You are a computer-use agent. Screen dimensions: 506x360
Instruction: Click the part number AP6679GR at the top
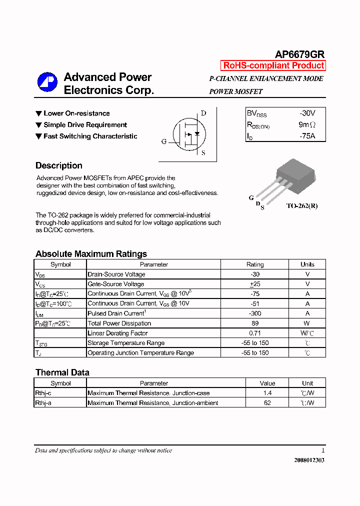click(300, 55)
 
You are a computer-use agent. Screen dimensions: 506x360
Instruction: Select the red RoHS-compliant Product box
click(273, 65)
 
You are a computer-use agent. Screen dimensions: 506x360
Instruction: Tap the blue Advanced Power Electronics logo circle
click(47, 82)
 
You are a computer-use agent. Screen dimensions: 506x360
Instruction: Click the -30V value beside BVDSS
click(307, 113)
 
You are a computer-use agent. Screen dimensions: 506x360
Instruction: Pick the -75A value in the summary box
click(307, 136)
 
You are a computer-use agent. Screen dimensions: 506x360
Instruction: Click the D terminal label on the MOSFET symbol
click(203, 113)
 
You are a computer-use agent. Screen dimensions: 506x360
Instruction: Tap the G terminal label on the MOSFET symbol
click(163, 141)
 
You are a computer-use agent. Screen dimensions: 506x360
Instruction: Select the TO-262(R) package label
click(301, 205)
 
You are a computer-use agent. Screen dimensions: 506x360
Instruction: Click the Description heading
click(59, 165)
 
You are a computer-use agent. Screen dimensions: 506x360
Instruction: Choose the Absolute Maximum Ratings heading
click(91, 254)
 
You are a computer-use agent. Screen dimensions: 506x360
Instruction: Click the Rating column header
click(255, 264)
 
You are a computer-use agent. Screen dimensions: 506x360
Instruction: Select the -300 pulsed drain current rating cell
click(255, 313)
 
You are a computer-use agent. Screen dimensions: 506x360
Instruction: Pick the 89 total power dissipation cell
click(255, 323)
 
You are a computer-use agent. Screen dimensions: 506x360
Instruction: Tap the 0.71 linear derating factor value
click(255, 333)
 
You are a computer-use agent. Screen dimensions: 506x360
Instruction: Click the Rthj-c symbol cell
click(43, 393)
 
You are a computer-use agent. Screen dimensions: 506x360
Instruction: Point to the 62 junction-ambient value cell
click(267, 402)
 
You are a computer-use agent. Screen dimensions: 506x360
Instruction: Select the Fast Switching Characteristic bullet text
click(90, 136)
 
